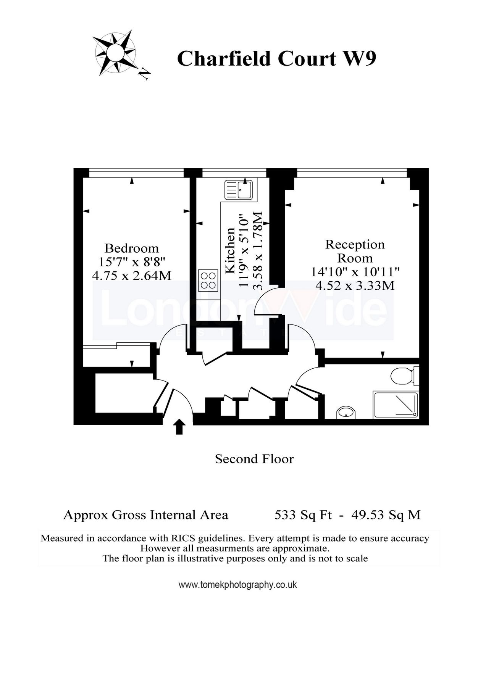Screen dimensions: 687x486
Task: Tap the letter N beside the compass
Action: pos(144,73)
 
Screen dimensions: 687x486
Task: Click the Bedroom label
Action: pos(132,248)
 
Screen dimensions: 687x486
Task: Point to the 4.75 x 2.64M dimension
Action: pos(132,275)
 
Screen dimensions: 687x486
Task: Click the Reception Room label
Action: pos(355,251)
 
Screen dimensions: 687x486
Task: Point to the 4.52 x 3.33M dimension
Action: pos(355,285)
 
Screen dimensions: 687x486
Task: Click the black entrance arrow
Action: pos(179,427)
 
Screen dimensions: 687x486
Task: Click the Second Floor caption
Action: pos(254,459)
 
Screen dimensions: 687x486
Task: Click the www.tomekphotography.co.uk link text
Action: pos(237,585)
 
